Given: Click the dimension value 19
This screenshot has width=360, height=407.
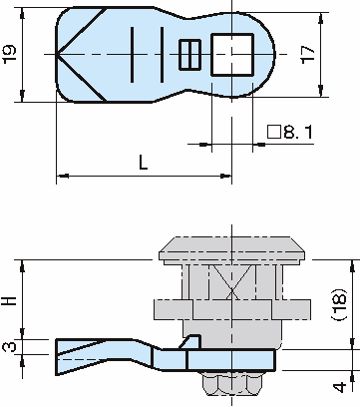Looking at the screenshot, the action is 9,54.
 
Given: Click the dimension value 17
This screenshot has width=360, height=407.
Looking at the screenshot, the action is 307,54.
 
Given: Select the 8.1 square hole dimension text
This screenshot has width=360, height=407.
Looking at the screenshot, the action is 290,133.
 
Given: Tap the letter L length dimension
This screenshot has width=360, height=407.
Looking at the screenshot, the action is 144,163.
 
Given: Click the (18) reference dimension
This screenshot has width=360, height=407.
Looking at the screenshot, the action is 339,304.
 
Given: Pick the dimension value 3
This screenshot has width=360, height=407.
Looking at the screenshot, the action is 9,347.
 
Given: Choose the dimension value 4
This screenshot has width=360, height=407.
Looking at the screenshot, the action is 339,387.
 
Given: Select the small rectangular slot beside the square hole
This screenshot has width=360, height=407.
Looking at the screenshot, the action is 189,55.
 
